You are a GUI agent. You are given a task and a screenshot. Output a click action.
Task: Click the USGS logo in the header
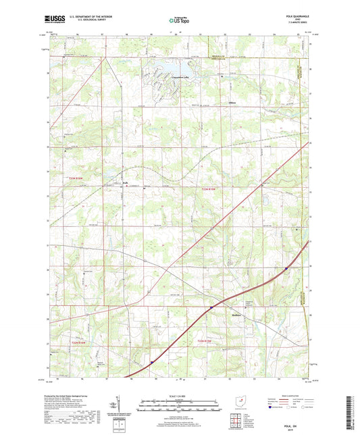click(55, 21)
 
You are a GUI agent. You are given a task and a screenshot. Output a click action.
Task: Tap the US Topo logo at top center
click(179, 21)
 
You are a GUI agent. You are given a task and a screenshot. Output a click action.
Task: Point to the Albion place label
click(232, 104)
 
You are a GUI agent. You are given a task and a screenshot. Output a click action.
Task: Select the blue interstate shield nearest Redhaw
click(211, 307)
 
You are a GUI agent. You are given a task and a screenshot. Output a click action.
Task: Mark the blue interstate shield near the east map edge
click(286, 267)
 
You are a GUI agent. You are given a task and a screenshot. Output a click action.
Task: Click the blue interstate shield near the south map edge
click(152, 362)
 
